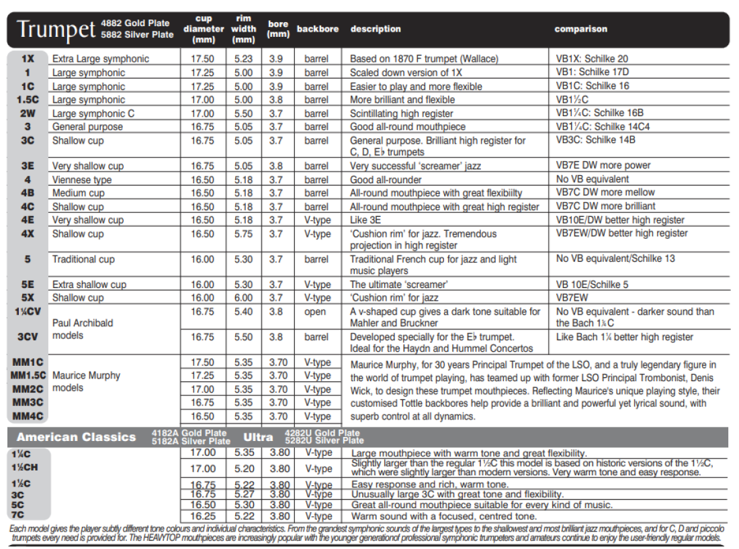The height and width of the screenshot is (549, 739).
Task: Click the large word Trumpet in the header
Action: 56,30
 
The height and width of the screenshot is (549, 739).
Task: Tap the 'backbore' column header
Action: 317,30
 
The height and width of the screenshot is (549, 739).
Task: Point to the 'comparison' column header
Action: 580,30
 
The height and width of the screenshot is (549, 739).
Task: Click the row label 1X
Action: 28,58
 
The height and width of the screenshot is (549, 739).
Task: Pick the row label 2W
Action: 28,113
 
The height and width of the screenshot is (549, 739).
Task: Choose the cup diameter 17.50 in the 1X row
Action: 204,59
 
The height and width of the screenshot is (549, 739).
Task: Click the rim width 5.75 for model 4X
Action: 244,234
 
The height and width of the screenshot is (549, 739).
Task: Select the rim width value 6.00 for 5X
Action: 244,298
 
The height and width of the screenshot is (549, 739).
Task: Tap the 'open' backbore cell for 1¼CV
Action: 316,312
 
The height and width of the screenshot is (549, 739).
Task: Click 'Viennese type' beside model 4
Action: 82,180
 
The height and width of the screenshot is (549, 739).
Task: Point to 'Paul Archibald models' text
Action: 83,329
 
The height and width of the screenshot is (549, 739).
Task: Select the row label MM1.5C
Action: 28,376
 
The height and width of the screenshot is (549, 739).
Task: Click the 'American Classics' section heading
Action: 76,438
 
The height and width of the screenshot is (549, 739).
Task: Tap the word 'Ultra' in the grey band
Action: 258,438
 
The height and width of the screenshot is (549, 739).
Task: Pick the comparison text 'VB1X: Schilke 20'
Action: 592,59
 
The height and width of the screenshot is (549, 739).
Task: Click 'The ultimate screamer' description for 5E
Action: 398,285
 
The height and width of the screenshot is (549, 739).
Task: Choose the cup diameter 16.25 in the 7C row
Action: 204,516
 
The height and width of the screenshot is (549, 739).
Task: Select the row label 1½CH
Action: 26,467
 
